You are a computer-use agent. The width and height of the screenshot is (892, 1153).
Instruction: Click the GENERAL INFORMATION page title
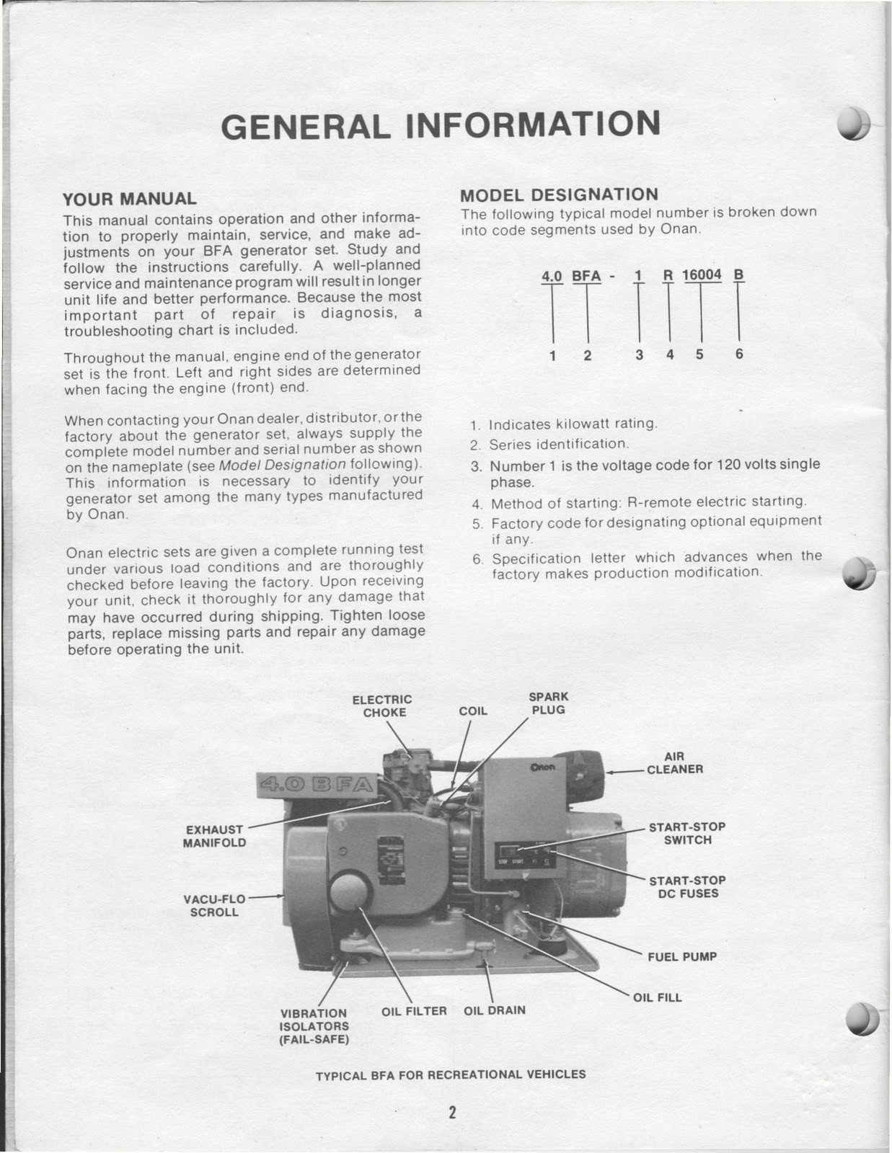point(441,125)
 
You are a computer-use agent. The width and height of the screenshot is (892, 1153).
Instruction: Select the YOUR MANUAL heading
point(129,199)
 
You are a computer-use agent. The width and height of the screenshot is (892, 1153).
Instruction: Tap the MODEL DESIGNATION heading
point(559,195)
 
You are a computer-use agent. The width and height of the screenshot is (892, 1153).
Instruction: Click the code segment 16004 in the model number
point(701,275)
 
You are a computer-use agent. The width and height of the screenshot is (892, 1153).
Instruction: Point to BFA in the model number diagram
point(586,275)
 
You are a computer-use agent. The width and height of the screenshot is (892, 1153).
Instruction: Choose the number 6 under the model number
point(739,355)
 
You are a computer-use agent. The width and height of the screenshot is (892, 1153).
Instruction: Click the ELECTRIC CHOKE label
point(382,706)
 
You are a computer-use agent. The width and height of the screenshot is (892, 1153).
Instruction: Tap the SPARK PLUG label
point(548,703)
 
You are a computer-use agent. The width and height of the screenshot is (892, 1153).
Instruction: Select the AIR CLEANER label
point(674,763)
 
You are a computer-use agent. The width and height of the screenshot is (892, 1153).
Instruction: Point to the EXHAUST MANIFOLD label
point(214,836)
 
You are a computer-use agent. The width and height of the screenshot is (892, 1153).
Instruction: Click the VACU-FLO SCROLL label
point(214,905)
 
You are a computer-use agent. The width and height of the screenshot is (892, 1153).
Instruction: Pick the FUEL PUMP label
point(681,957)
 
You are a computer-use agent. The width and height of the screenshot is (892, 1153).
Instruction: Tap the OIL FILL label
point(657,998)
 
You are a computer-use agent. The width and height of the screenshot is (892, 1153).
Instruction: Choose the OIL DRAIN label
point(495,1010)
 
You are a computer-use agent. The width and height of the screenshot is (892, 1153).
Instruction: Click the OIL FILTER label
point(414,1011)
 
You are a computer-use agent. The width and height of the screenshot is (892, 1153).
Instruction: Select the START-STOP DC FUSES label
point(687,887)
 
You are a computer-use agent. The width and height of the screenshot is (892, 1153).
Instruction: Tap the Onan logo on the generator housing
point(542,767)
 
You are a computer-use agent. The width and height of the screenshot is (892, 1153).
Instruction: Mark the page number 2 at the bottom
point(452,1112)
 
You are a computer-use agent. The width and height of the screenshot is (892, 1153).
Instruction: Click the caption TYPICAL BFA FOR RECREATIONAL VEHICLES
point(451,1074)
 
